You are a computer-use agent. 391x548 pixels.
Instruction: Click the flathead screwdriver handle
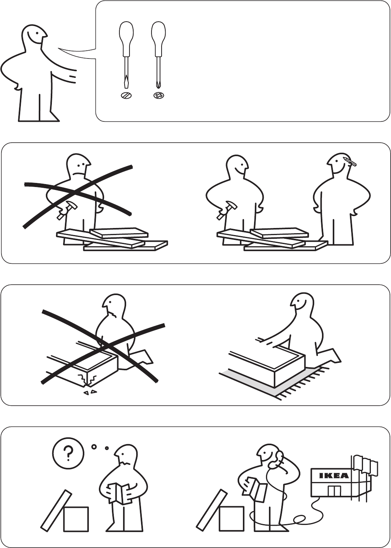[x=126, y=38]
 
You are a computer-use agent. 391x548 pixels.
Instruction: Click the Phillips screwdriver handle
[x=158, y=38]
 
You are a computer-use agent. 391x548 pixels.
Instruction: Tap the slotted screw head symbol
[x=126, y=95]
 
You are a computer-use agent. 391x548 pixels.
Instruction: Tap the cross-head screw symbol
[x=159, y=95]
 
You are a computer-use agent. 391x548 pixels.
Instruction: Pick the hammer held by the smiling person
[x=226, y=209]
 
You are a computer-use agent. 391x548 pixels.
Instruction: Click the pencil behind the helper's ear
[x=350, y=161]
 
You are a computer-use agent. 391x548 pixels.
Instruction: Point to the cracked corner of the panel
[x=88, y=380]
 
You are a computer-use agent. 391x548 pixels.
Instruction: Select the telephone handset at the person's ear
[x=276, y=459]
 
